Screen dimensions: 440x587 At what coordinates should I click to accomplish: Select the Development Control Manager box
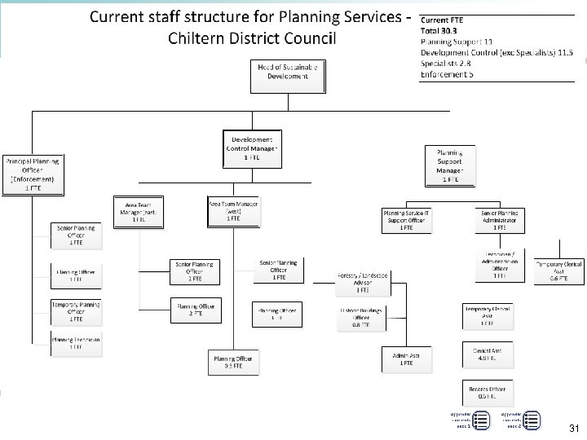pos(252,148)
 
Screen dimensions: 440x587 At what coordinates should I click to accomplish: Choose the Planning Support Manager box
pos(450,165)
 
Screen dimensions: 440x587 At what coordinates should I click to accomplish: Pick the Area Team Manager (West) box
pos(234,212)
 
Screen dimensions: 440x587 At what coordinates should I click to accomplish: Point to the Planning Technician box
pos(76,343)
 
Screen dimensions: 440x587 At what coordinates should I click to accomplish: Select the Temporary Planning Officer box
pos(76,312)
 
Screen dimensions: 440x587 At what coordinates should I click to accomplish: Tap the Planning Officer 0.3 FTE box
pos(234,362)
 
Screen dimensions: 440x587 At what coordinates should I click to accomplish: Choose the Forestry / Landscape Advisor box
pos(363,280)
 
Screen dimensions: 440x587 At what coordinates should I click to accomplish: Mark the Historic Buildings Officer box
pos(362,317)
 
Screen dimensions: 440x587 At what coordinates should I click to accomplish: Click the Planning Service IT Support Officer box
pos(406,219)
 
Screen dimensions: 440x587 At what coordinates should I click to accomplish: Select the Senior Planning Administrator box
pos(499,219)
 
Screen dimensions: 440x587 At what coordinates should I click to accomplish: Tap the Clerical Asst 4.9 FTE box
pos(488,354)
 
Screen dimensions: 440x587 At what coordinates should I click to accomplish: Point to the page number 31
pos(573,429)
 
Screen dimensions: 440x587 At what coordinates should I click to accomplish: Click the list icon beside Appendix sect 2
pos(531,420)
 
